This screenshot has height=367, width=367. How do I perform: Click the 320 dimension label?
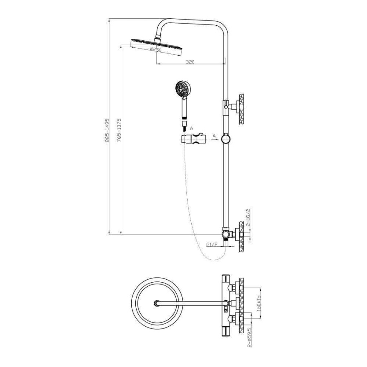click(190, 62)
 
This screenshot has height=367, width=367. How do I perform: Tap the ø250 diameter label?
click(155, 50)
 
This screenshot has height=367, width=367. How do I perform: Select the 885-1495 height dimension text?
click(107, 130)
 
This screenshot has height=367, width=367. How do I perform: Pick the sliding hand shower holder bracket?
click(193, 138)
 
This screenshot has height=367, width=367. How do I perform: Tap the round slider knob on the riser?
click(226, 139)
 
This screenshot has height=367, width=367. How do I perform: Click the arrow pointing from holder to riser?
click(215, 139)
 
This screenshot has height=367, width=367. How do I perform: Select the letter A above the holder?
click(192, 128)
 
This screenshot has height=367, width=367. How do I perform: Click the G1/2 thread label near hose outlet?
click(212, 245)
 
